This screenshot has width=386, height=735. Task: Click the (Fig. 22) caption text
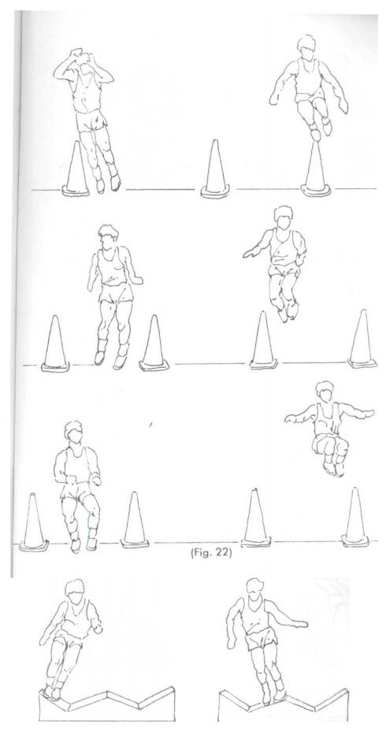point(210,553)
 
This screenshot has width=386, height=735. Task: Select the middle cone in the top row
point(215,169)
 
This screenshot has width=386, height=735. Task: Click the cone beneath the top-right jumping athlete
point(316,169)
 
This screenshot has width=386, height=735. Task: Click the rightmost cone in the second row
point(362,339)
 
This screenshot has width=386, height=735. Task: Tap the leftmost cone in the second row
point(55,343)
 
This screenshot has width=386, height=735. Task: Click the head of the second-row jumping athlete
point(284,217)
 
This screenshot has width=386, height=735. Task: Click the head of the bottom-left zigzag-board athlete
point(75,590)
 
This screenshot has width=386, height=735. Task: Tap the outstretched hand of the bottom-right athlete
point(302,624)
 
